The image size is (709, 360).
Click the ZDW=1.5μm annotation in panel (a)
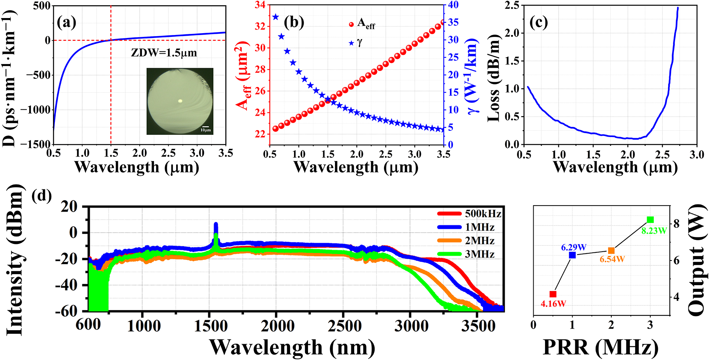coord(164,53)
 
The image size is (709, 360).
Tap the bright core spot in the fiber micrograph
coord(180,101)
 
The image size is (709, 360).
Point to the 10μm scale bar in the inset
coord(206,127)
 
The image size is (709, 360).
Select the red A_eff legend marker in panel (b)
coord(351,24)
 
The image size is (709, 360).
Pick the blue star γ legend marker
coord(351,43)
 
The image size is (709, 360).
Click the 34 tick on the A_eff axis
coord(260,5)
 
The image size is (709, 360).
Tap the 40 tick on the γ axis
coord(453,5)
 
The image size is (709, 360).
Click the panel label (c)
coord(538,22)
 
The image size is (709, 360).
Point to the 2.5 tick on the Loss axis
coord(511,5)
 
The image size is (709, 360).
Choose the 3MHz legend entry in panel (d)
coord(466,254)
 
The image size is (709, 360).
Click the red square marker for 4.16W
coord(553,294)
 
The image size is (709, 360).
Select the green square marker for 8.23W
coord(650,220)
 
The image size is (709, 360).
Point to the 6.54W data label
coord(612,259)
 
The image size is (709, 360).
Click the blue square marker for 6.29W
coord(572,255)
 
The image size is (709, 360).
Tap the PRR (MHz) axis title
coord(600,347)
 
